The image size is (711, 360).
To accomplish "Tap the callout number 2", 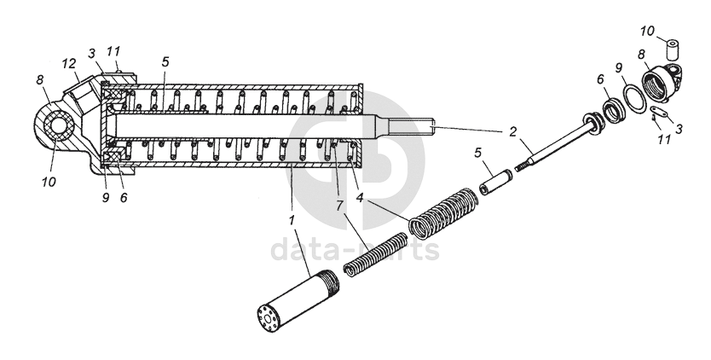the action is pos(512,131).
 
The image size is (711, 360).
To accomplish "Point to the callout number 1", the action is pos(292,220).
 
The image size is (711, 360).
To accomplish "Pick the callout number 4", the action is pos(361,197).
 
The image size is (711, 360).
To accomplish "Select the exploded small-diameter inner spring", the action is pos(375,254).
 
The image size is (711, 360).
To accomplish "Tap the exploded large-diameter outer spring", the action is pos(443,213).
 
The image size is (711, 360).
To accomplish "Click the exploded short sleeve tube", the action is pos(496,182).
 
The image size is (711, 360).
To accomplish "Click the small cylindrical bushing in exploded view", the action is pos(673,50).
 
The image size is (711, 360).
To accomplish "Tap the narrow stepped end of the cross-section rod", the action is pos(413,128).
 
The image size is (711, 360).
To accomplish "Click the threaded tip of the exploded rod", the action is pos(523,165).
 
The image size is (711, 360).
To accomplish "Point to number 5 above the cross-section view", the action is pos(165,62).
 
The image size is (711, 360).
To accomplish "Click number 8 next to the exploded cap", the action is pos(641,54).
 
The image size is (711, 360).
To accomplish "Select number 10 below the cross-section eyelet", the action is pos(49,182).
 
